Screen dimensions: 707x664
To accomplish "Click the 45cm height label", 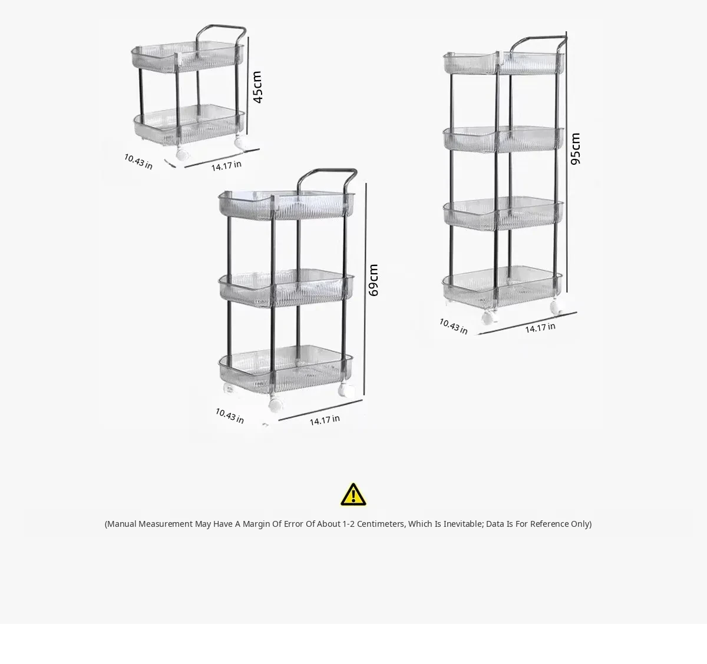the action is tap(257, 87).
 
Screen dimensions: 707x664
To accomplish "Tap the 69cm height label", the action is tap(374, 280).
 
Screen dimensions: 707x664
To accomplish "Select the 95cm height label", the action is tap(575, 149).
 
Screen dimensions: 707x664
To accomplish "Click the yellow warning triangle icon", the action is tap(353, 494).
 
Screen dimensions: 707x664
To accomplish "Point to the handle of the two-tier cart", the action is tap(221, 27).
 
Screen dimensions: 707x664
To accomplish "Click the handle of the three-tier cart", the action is tap(327, 171).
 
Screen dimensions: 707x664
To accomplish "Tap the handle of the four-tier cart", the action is tap(537, 38).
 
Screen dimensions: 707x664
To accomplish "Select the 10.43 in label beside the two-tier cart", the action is tap(138, 161).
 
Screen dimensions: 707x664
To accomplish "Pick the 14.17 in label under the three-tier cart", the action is tap(325, 420).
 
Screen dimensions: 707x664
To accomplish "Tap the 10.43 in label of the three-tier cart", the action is tap(230, 416).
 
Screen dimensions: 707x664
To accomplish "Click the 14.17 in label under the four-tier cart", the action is tap(540, 328).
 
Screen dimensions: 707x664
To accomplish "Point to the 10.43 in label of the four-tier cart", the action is tap(454, 326).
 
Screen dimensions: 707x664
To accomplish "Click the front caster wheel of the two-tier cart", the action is tap(182, 154).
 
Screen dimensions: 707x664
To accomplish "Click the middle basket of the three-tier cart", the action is tap(286, 288).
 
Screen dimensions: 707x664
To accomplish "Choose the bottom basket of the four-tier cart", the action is tap(503, 287).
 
